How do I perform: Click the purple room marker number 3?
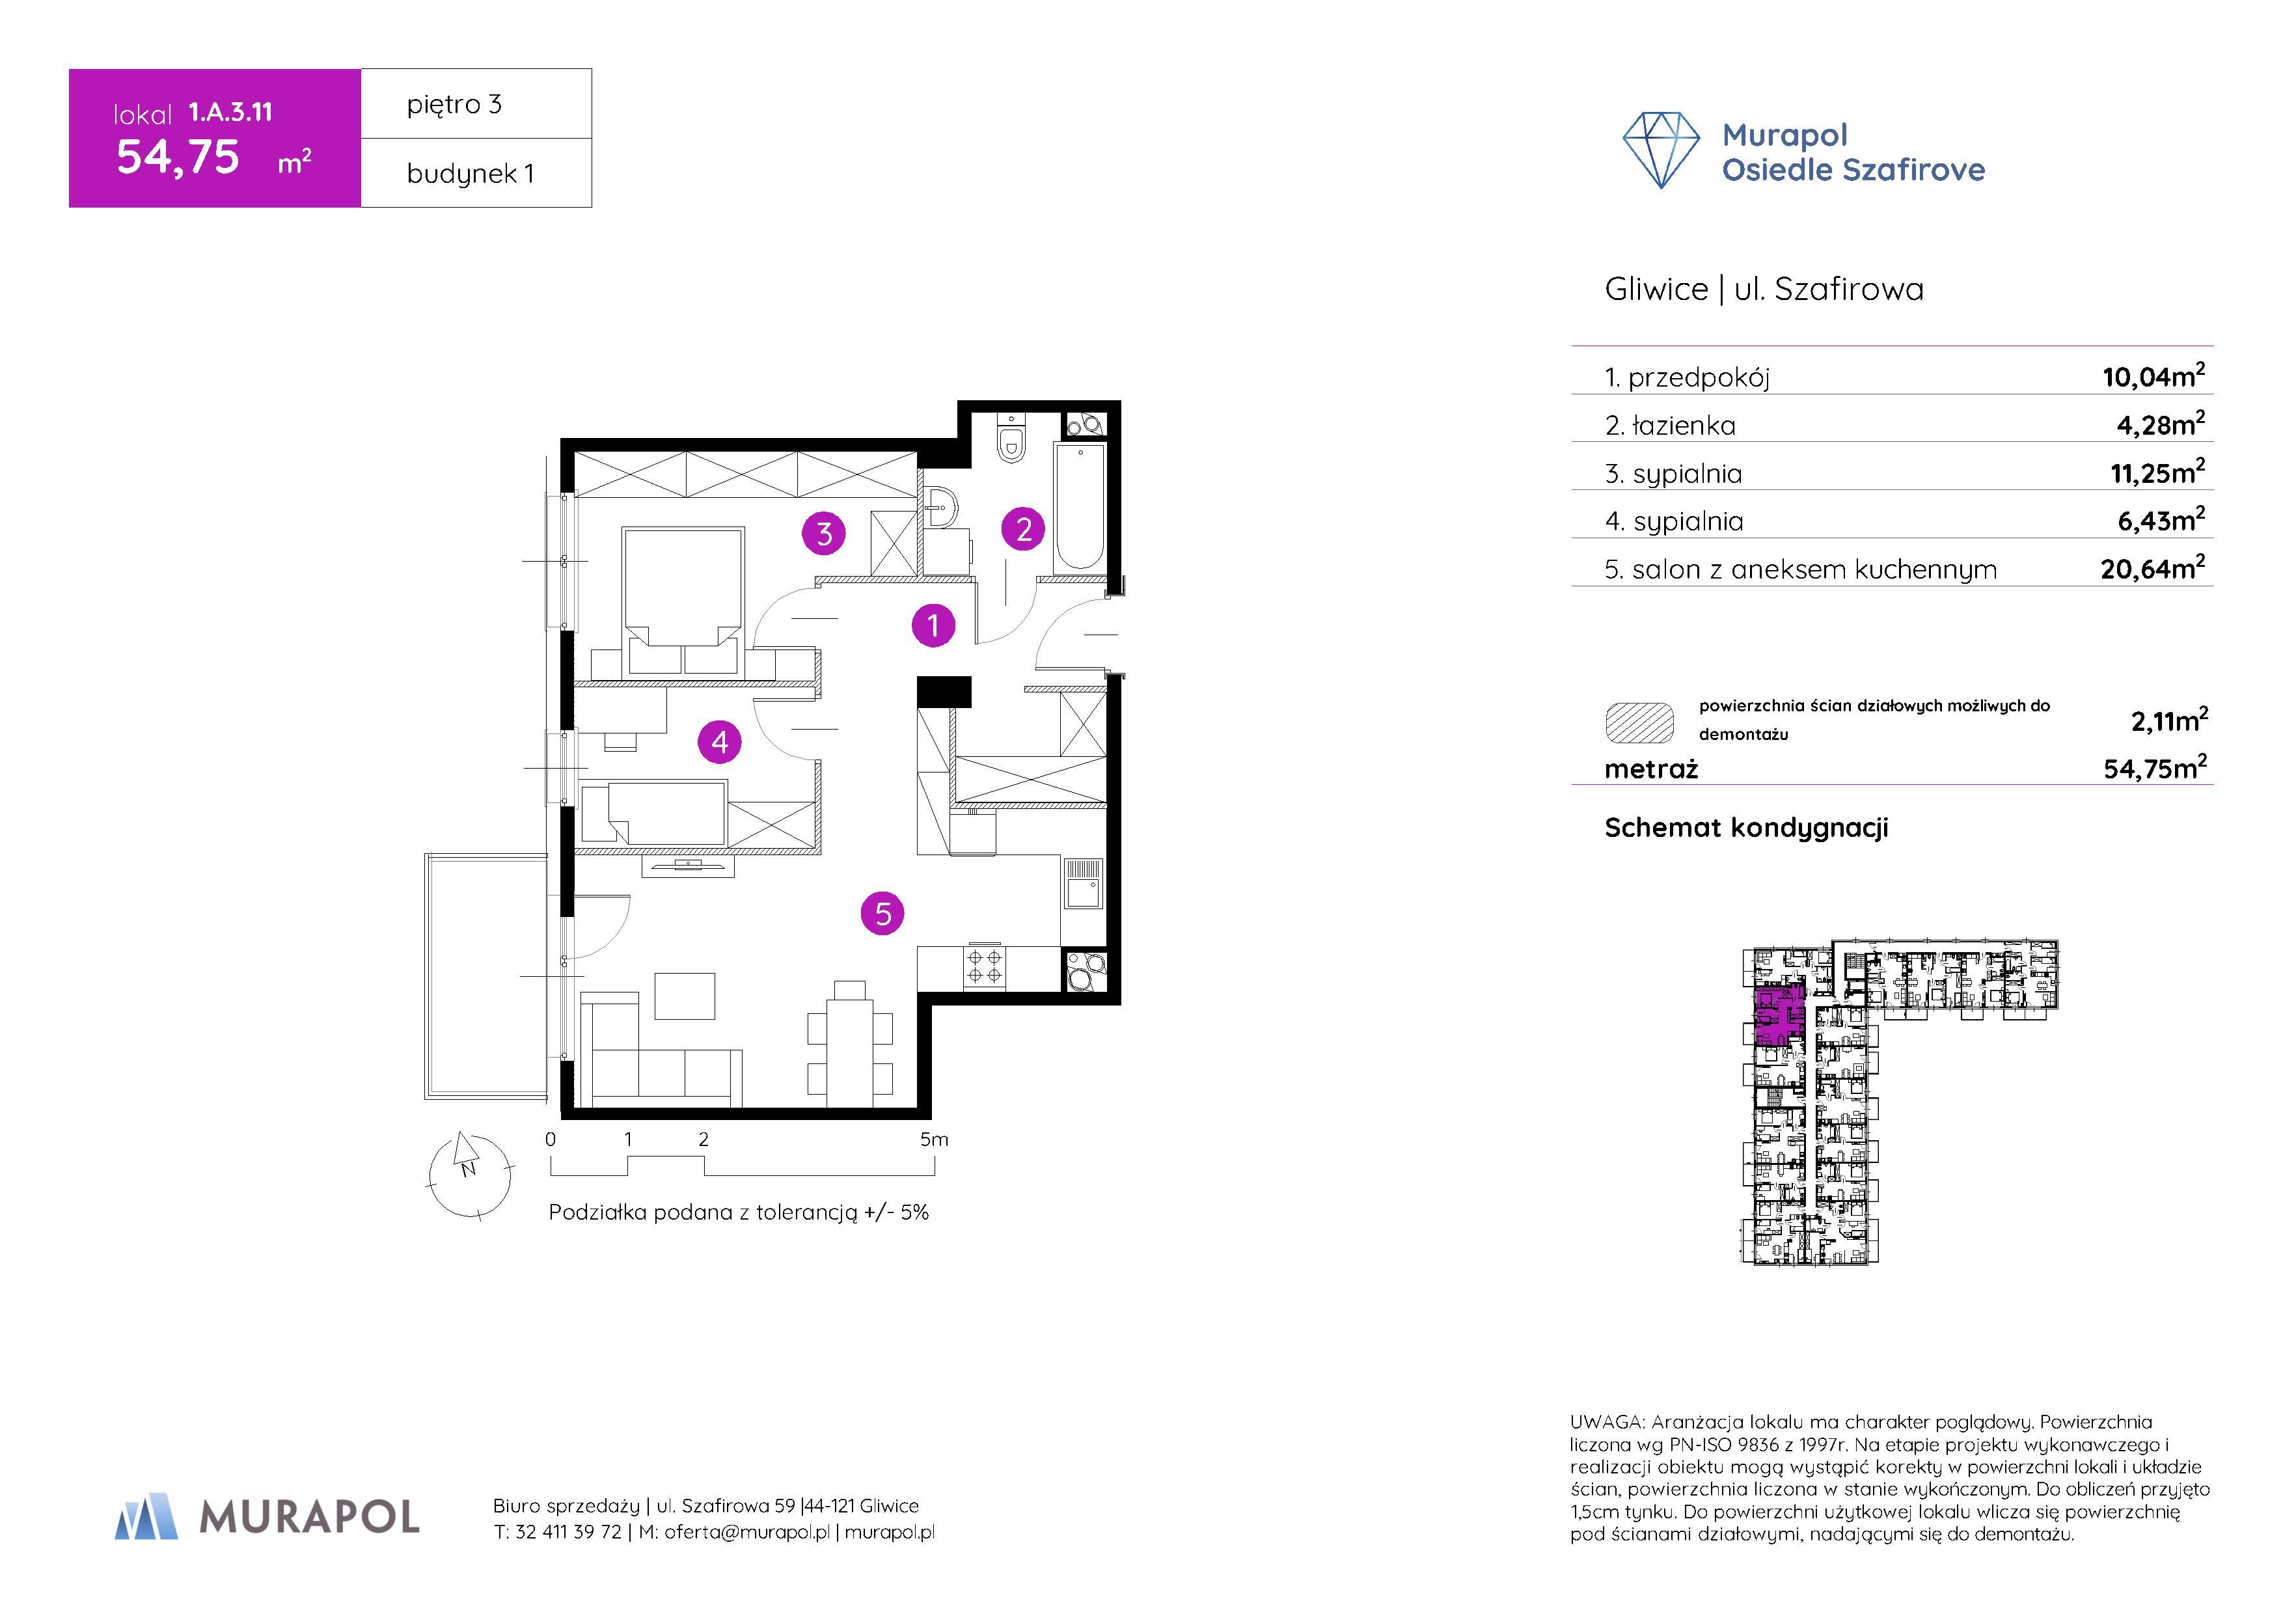tap(825, 534)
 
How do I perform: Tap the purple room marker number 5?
tap(883, 914)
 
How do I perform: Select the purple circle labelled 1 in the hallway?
tap(933, 625)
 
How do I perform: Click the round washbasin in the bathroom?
tap(938, 508)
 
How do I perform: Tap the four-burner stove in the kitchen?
tap(985, 966)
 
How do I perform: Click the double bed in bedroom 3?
tap(683, 601)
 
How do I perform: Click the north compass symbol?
tap(469, 1177)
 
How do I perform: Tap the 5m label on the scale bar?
tap(934, 1140)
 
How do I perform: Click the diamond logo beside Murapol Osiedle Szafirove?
tap(1661, 150)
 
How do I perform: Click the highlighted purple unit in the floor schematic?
tap(1779, 1017)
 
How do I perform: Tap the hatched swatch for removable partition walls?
tap(1639, 723)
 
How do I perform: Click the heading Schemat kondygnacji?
tap(1746, 827)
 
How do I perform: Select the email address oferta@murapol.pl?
tap(746, 1533)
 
